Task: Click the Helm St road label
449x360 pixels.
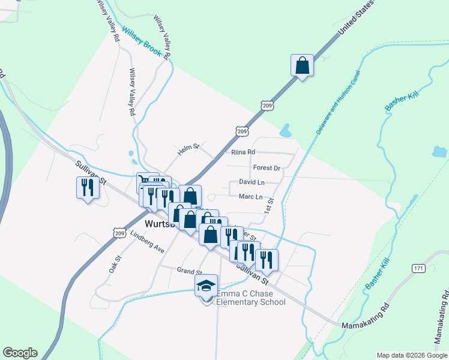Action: click(x=188, y=149)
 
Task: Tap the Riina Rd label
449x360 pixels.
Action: click(x=243, y=152)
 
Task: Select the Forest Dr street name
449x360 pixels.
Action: click(x=267, y=168)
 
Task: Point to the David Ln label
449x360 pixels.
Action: click(x=252, y=182)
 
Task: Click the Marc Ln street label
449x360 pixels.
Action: click(x=250, y=197)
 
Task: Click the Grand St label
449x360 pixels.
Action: click(x=188, y=271)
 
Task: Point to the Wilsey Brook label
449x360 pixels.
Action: click(x=142, y=43)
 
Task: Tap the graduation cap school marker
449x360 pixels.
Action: click(x=206, y=286)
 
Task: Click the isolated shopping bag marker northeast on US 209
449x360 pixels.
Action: click(x=302, y=65)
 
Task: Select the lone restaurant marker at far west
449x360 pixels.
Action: click(x=88, y=188)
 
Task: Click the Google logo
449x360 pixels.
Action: click(x=20, y=353)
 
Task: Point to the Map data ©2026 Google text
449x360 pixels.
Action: click(x=411, y=355)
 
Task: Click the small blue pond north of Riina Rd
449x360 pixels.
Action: click(x=286, y=130)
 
